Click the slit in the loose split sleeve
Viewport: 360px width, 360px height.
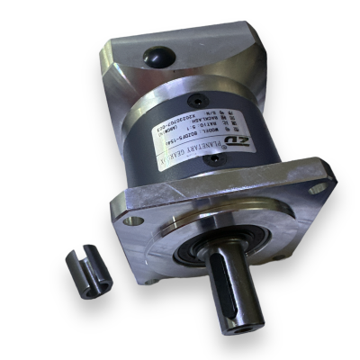point(82,269)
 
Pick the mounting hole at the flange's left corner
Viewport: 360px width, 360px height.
point(134,220)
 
